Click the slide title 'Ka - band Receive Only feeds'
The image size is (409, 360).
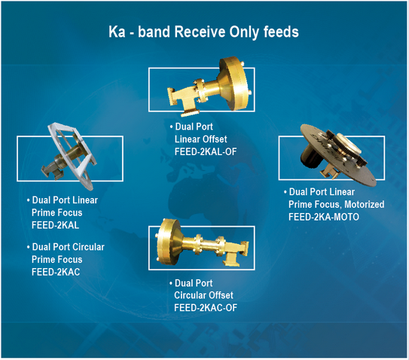pyautogui.click(x=204, y=33)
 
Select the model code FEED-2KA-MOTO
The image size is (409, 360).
pyautogui.click(x=324, y=216)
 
